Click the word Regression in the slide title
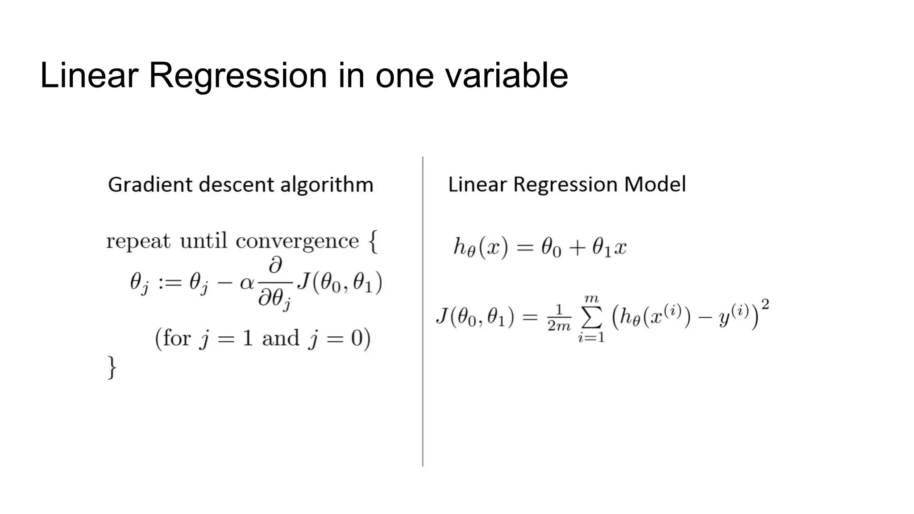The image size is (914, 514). click(x=237, y=76)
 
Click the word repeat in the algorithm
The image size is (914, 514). click(x=138, y=242)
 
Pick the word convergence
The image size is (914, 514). click(x=297, y=242)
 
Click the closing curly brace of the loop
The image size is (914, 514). click(x=112, y=367)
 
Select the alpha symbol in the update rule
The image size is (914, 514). click(x=247, y=283)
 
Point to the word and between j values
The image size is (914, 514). click(x=280, y=338)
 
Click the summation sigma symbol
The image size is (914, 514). click(x=591, y=318)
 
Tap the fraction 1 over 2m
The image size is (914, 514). click(x=559, y=318)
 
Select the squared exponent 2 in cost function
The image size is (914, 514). click(x=765, y=304)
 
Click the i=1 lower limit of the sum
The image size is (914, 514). click(x=591, y=338)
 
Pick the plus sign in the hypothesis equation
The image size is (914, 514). click(x=577, y=248)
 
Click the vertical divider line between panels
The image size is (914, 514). click(x=423, y=312)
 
